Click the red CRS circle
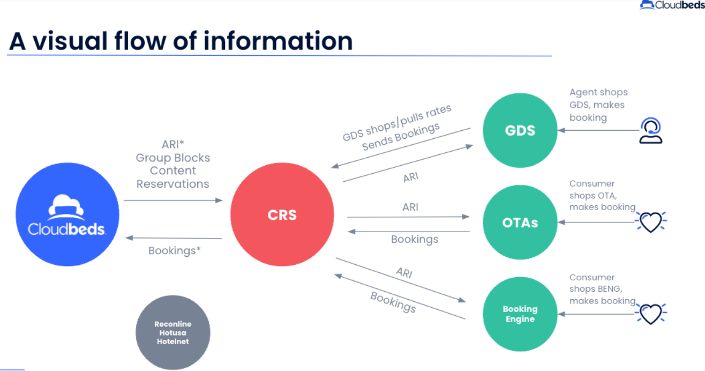pos(282,215)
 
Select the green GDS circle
pos(520,130)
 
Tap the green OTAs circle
pos(520,222)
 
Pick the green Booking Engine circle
pos(520,314)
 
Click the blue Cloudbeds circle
pos(67,214)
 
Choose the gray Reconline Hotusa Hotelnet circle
pos(172,332)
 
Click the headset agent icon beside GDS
pos(651,131)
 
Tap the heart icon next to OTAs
pos(651,221)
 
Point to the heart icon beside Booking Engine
pos(651,314)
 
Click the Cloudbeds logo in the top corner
pos(672,5)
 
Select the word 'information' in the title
pos(277,41)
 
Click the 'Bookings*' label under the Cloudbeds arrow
pos(175,250)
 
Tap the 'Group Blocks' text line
pos(172,158)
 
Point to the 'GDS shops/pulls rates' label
pos(397,122)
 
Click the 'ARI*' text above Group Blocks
pos(172,145)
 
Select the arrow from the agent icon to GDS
pos(598,130)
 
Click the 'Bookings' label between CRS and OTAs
pos(414,240)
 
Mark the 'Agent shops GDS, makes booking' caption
pos(598,105)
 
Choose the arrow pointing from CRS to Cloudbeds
pos(173,238)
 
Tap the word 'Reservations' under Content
pos(172,184)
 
